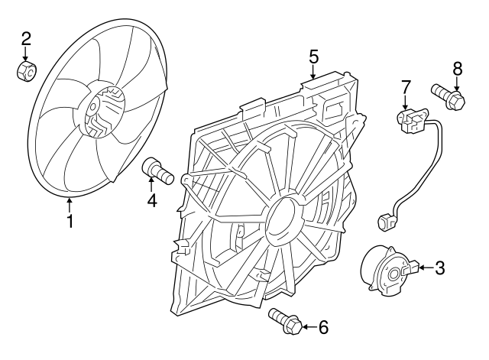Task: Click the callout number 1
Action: coord(70,222)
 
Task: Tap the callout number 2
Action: coord(26,38)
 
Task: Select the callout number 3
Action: coord(439,268)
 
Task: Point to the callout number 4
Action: coord(152,201)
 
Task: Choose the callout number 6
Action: coord(322,328)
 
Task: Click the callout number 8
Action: coord(458,70)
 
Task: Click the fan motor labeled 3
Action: coord(387,269)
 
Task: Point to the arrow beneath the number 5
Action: coord(313,72)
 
